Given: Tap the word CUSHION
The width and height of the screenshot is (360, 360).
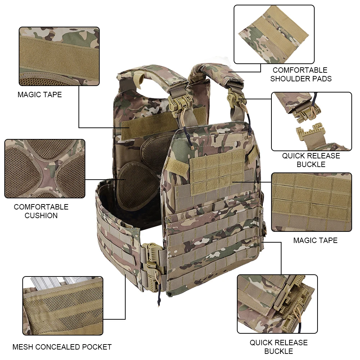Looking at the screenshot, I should click(x=41, y=216).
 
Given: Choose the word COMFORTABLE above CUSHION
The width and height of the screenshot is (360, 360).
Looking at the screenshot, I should click(x=41, y=207).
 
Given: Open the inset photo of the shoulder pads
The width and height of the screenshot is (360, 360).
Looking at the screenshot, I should click(x=274, y=34).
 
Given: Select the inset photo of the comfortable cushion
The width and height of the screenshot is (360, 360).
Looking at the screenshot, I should click(x=45, y=168).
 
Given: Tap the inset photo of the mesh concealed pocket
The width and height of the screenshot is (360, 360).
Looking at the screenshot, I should click(x=63, y=306).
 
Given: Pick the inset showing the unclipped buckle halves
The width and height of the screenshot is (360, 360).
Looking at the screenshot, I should click(x=311, y=121).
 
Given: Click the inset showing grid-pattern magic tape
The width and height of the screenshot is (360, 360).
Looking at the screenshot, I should click(x=311, y=202).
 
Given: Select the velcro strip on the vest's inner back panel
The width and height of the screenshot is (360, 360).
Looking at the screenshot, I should click(x=145, y=129).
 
